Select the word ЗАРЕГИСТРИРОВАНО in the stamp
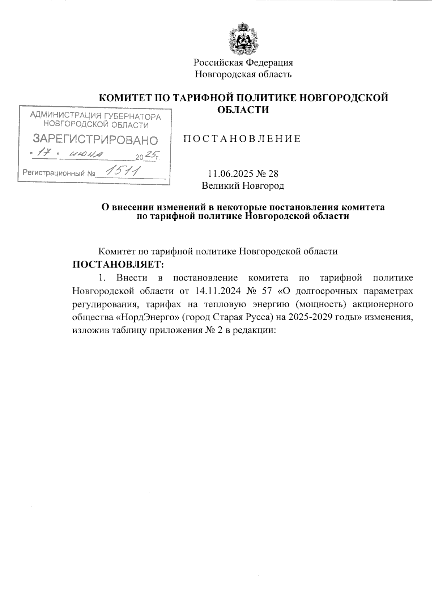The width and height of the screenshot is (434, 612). click(x=95, y=140)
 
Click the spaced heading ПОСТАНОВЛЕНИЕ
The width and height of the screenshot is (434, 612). click(x=243, y=139)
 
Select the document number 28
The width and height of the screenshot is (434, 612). click(x=273, y=174)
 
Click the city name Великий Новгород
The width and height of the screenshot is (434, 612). click(x=243, y=186)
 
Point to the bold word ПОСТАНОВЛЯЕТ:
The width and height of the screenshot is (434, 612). click(x=119, y=265)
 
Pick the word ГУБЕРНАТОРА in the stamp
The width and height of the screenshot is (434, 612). click(x=132, y=116)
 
